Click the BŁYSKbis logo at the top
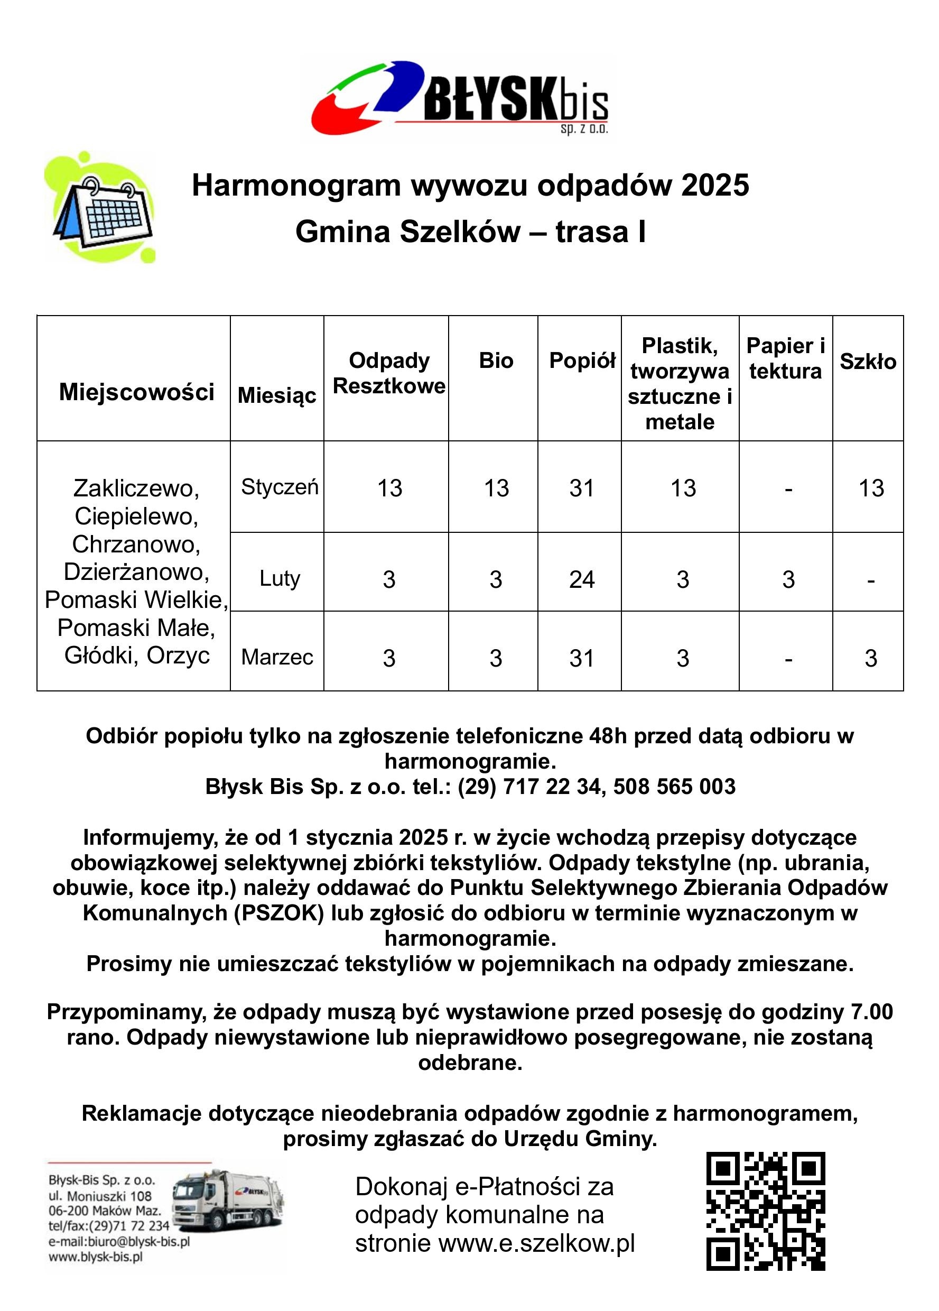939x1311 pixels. pos(459,98)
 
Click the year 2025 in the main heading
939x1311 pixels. pos(715,186)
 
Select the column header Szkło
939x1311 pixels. pos(867,361)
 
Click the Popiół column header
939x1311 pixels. pos(581,360)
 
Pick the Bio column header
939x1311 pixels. pos(496,360)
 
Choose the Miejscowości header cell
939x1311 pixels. pos(136,392)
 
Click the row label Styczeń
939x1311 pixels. pos(280,487)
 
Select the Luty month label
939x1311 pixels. pos(280,578)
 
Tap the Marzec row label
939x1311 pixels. pos(277,657)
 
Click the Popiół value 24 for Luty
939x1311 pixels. pos(581,579)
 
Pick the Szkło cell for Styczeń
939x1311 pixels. pos(871,488)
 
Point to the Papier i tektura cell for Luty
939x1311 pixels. pos(788,579)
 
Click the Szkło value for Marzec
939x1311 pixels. pos(871,658)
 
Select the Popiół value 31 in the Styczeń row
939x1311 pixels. pos(581,488)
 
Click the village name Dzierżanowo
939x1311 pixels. pos(136,571)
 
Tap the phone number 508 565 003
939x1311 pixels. pos(674,787)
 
